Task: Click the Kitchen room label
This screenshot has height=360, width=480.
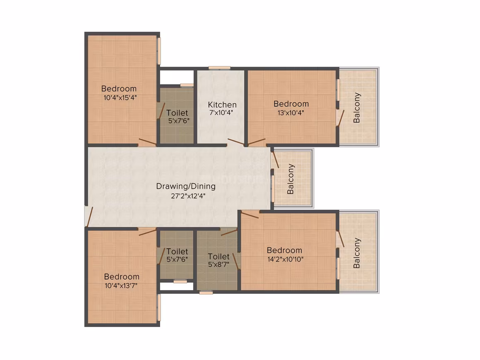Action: [x=222, y=105]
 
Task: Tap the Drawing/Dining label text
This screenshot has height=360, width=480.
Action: [x=186, y=187]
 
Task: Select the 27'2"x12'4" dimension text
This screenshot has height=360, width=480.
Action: [x=188, y=196]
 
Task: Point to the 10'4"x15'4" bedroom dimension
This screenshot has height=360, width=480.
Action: [x=120, y=98]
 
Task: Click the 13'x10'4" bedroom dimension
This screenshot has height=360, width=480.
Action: [x=290, y=113]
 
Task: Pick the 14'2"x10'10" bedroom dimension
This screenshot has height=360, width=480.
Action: [x=285, y=259]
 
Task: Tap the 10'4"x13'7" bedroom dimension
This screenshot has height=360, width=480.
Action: [x=121, y=286]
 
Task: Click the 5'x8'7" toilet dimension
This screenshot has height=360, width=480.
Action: [x=218, y=264]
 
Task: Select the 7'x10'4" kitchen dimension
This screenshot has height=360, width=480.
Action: [x=221, y=113]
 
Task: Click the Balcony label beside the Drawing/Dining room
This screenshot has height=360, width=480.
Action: [x=290, y=179]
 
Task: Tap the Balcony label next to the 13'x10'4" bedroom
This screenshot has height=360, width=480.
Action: [x=357, y=108]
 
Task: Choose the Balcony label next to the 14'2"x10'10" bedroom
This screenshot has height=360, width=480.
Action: [x=357, y=253]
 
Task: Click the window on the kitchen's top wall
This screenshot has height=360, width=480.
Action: [x=219, y=68]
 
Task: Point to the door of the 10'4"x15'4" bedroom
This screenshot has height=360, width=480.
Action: [x=147, y=142]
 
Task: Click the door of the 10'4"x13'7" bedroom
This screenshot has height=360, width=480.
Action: [x=147, y=231]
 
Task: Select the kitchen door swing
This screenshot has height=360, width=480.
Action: [x=236, y=142]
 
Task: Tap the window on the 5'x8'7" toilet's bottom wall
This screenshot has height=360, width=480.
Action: [x=206, y=293]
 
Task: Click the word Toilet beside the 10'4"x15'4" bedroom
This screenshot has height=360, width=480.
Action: [x=177, y=113]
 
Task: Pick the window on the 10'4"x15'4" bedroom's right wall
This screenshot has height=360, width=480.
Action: [x=159, y=51]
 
